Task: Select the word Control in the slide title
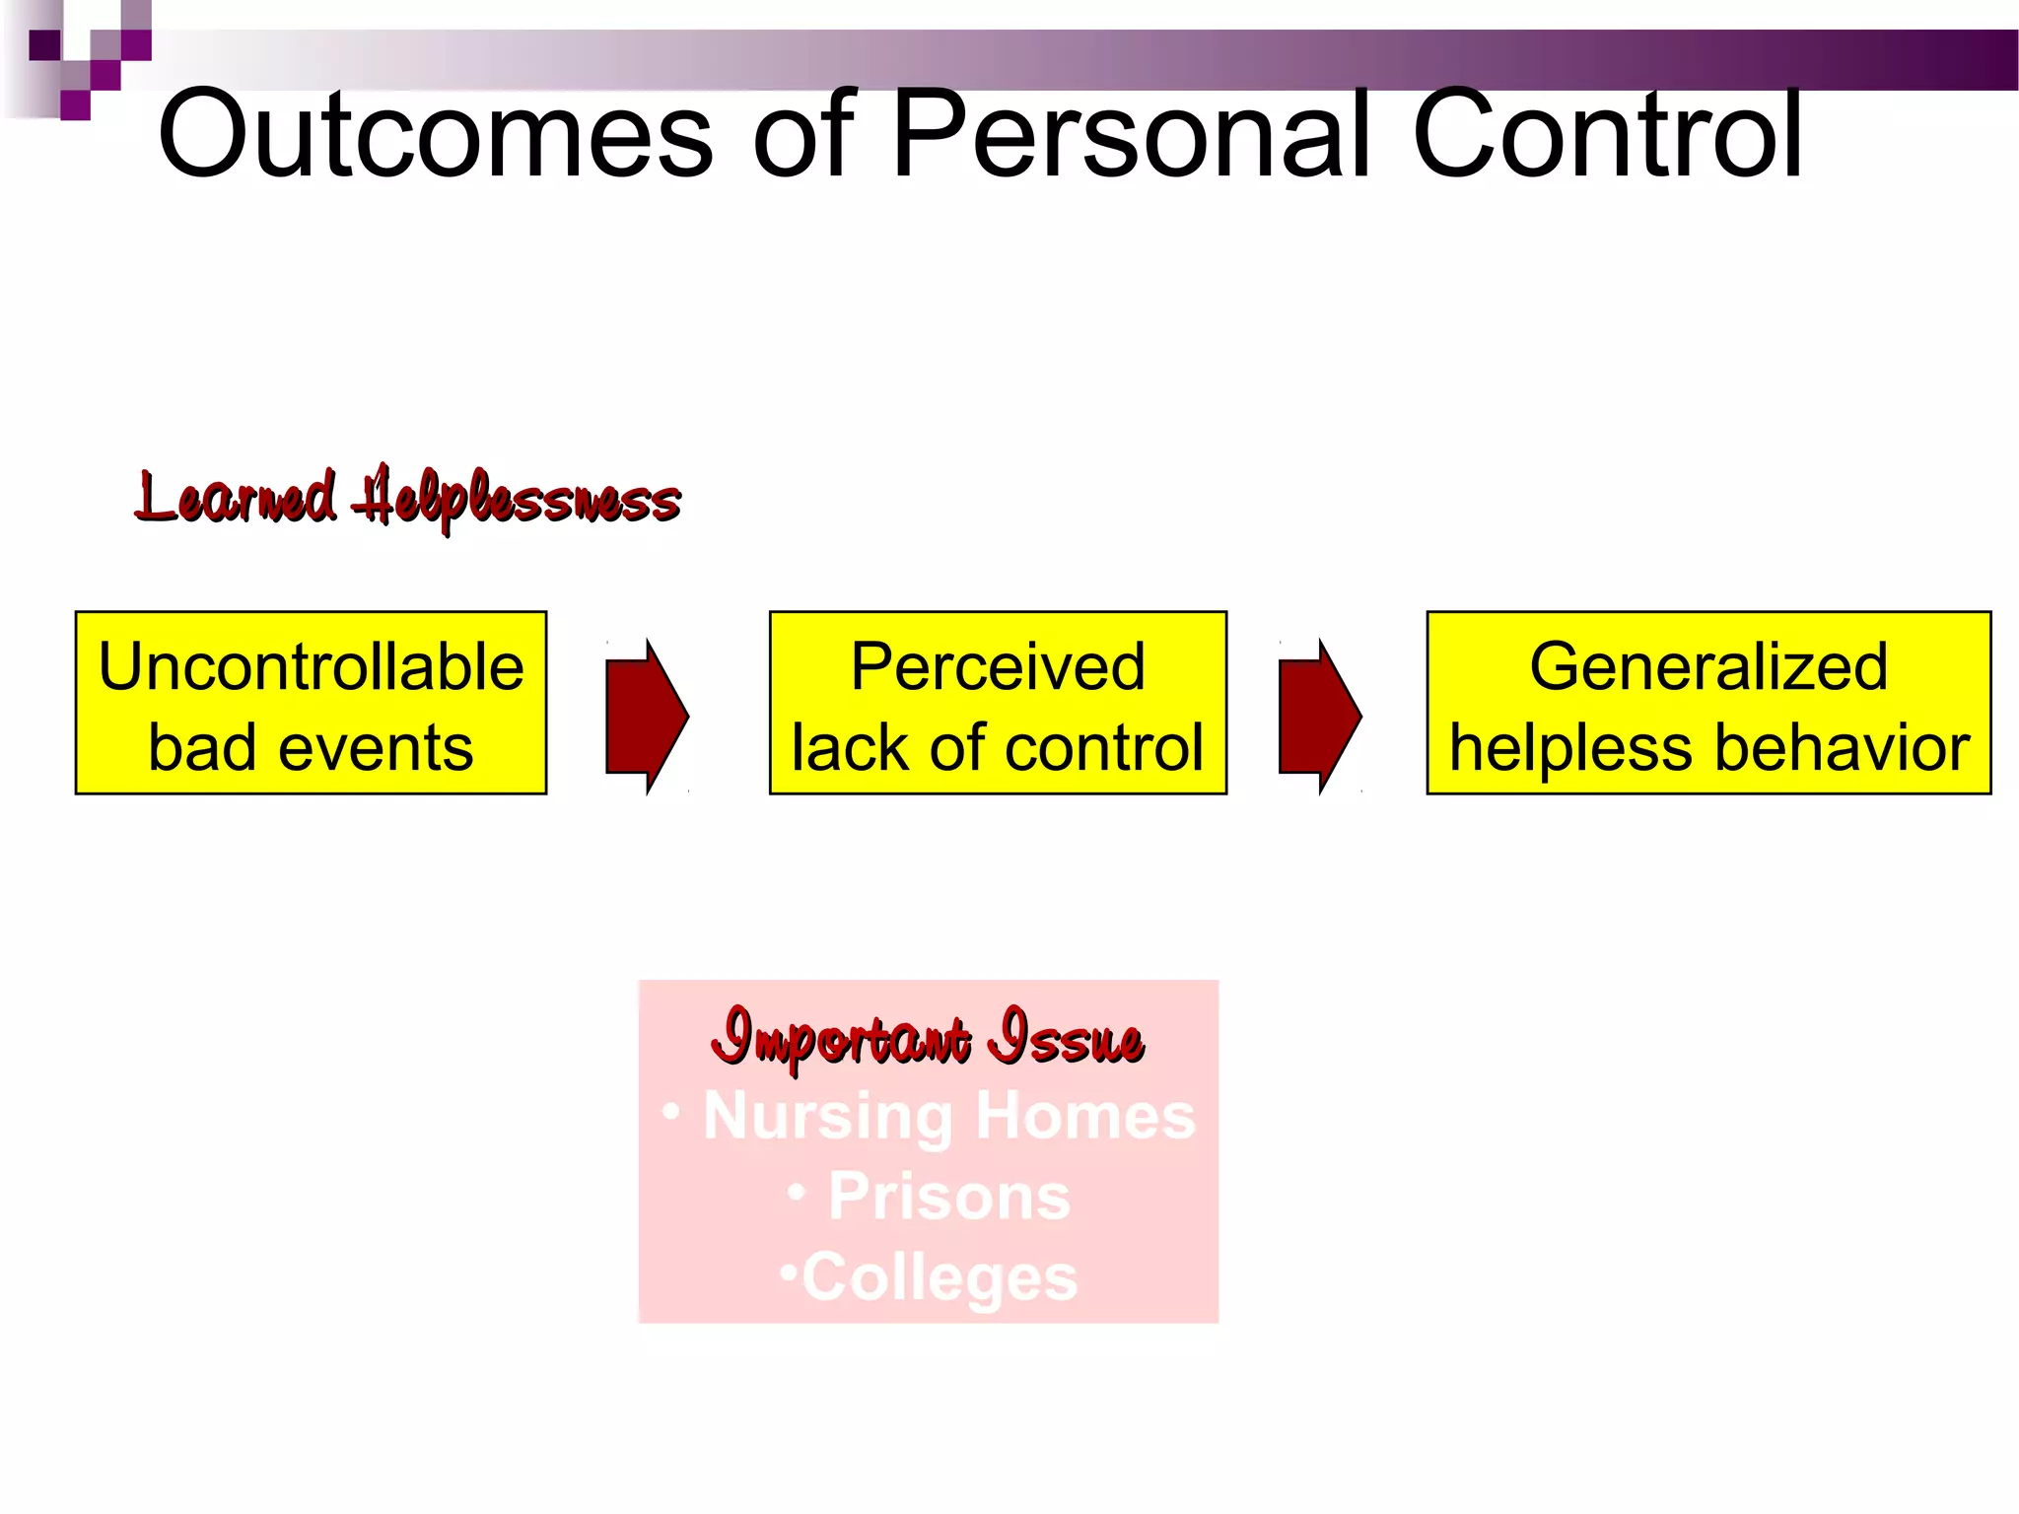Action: tap(1609, 135)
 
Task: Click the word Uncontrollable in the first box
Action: tap(311, 667)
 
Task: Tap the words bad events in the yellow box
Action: tap(311, 747)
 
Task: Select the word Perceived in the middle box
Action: tap(998, 667)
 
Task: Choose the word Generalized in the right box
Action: tap(1708, 667)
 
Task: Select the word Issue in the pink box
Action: tap(1070, 1038)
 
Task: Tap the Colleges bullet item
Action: tap(939, 1277)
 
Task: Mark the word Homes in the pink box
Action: tap(1085, 1116)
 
